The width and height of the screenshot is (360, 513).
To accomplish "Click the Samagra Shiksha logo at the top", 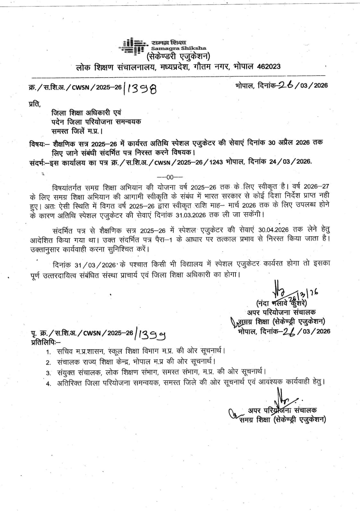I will click(133, 46).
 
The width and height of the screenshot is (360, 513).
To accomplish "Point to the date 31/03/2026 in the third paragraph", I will click(95, 265).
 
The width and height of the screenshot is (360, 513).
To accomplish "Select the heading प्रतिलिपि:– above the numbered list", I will click(44, 342).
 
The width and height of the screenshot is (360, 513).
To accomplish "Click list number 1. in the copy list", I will click(48, 352).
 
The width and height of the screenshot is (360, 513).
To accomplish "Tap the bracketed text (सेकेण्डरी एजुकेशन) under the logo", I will click(178, 57).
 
